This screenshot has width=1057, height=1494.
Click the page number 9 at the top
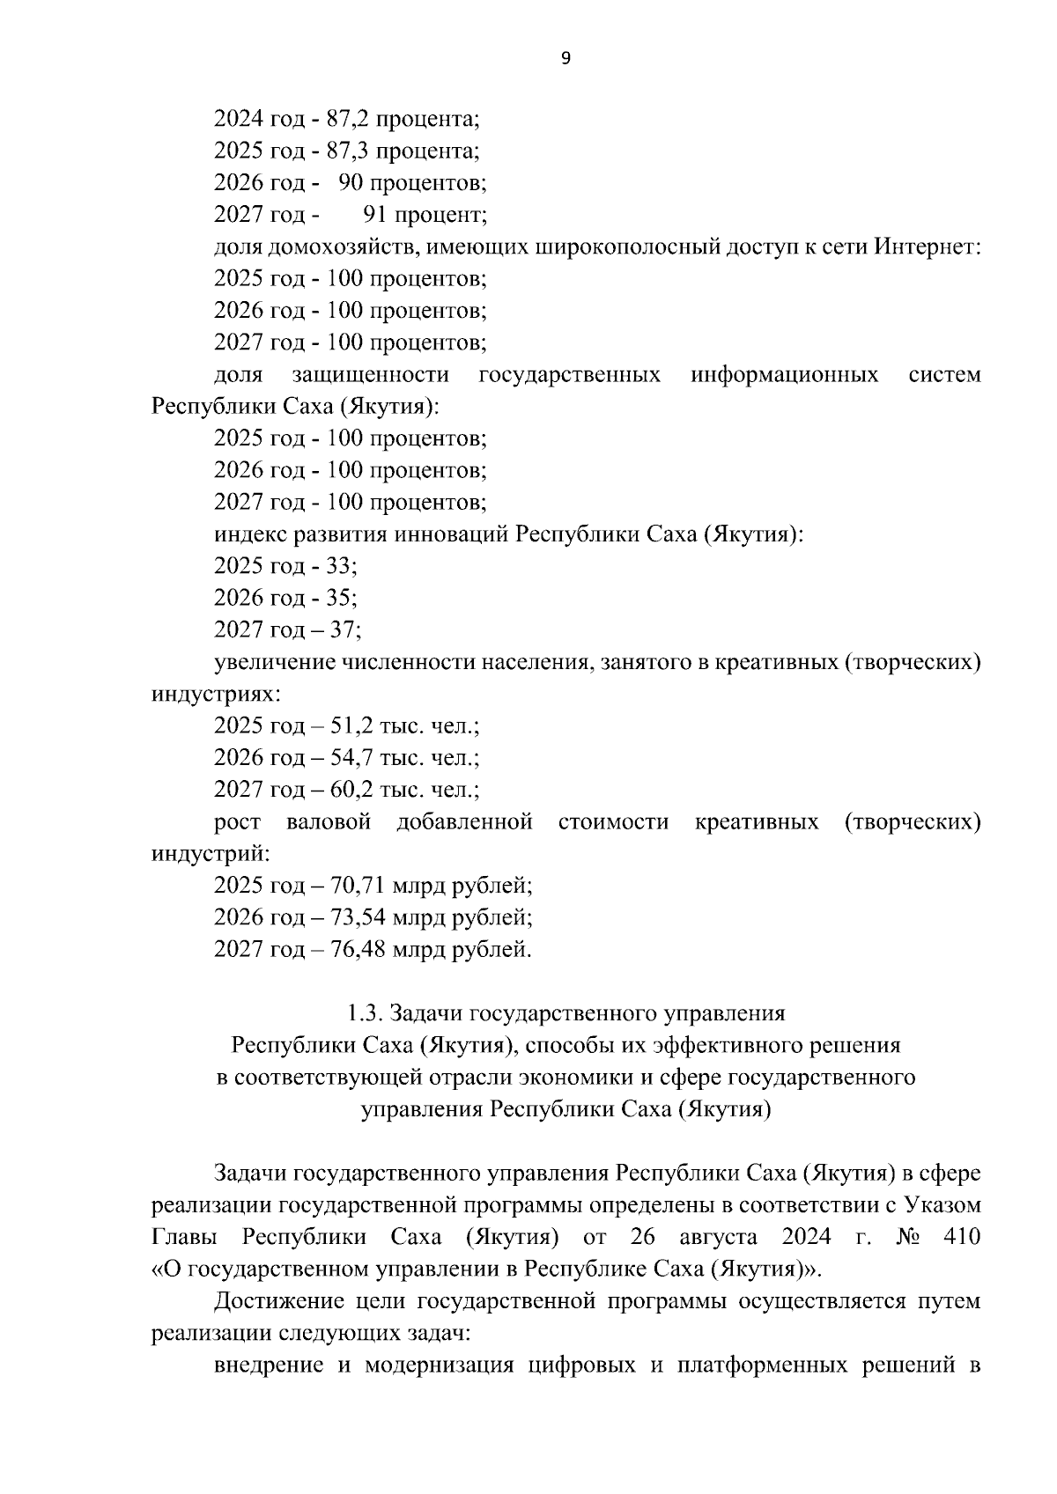[x=565, y=59]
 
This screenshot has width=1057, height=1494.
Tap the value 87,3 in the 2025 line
[x=346, y=151]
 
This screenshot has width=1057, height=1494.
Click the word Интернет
[x=926, y=247]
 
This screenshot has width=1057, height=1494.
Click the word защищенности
[x=370, y=375]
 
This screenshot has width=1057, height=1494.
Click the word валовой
[x=329, y=822]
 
